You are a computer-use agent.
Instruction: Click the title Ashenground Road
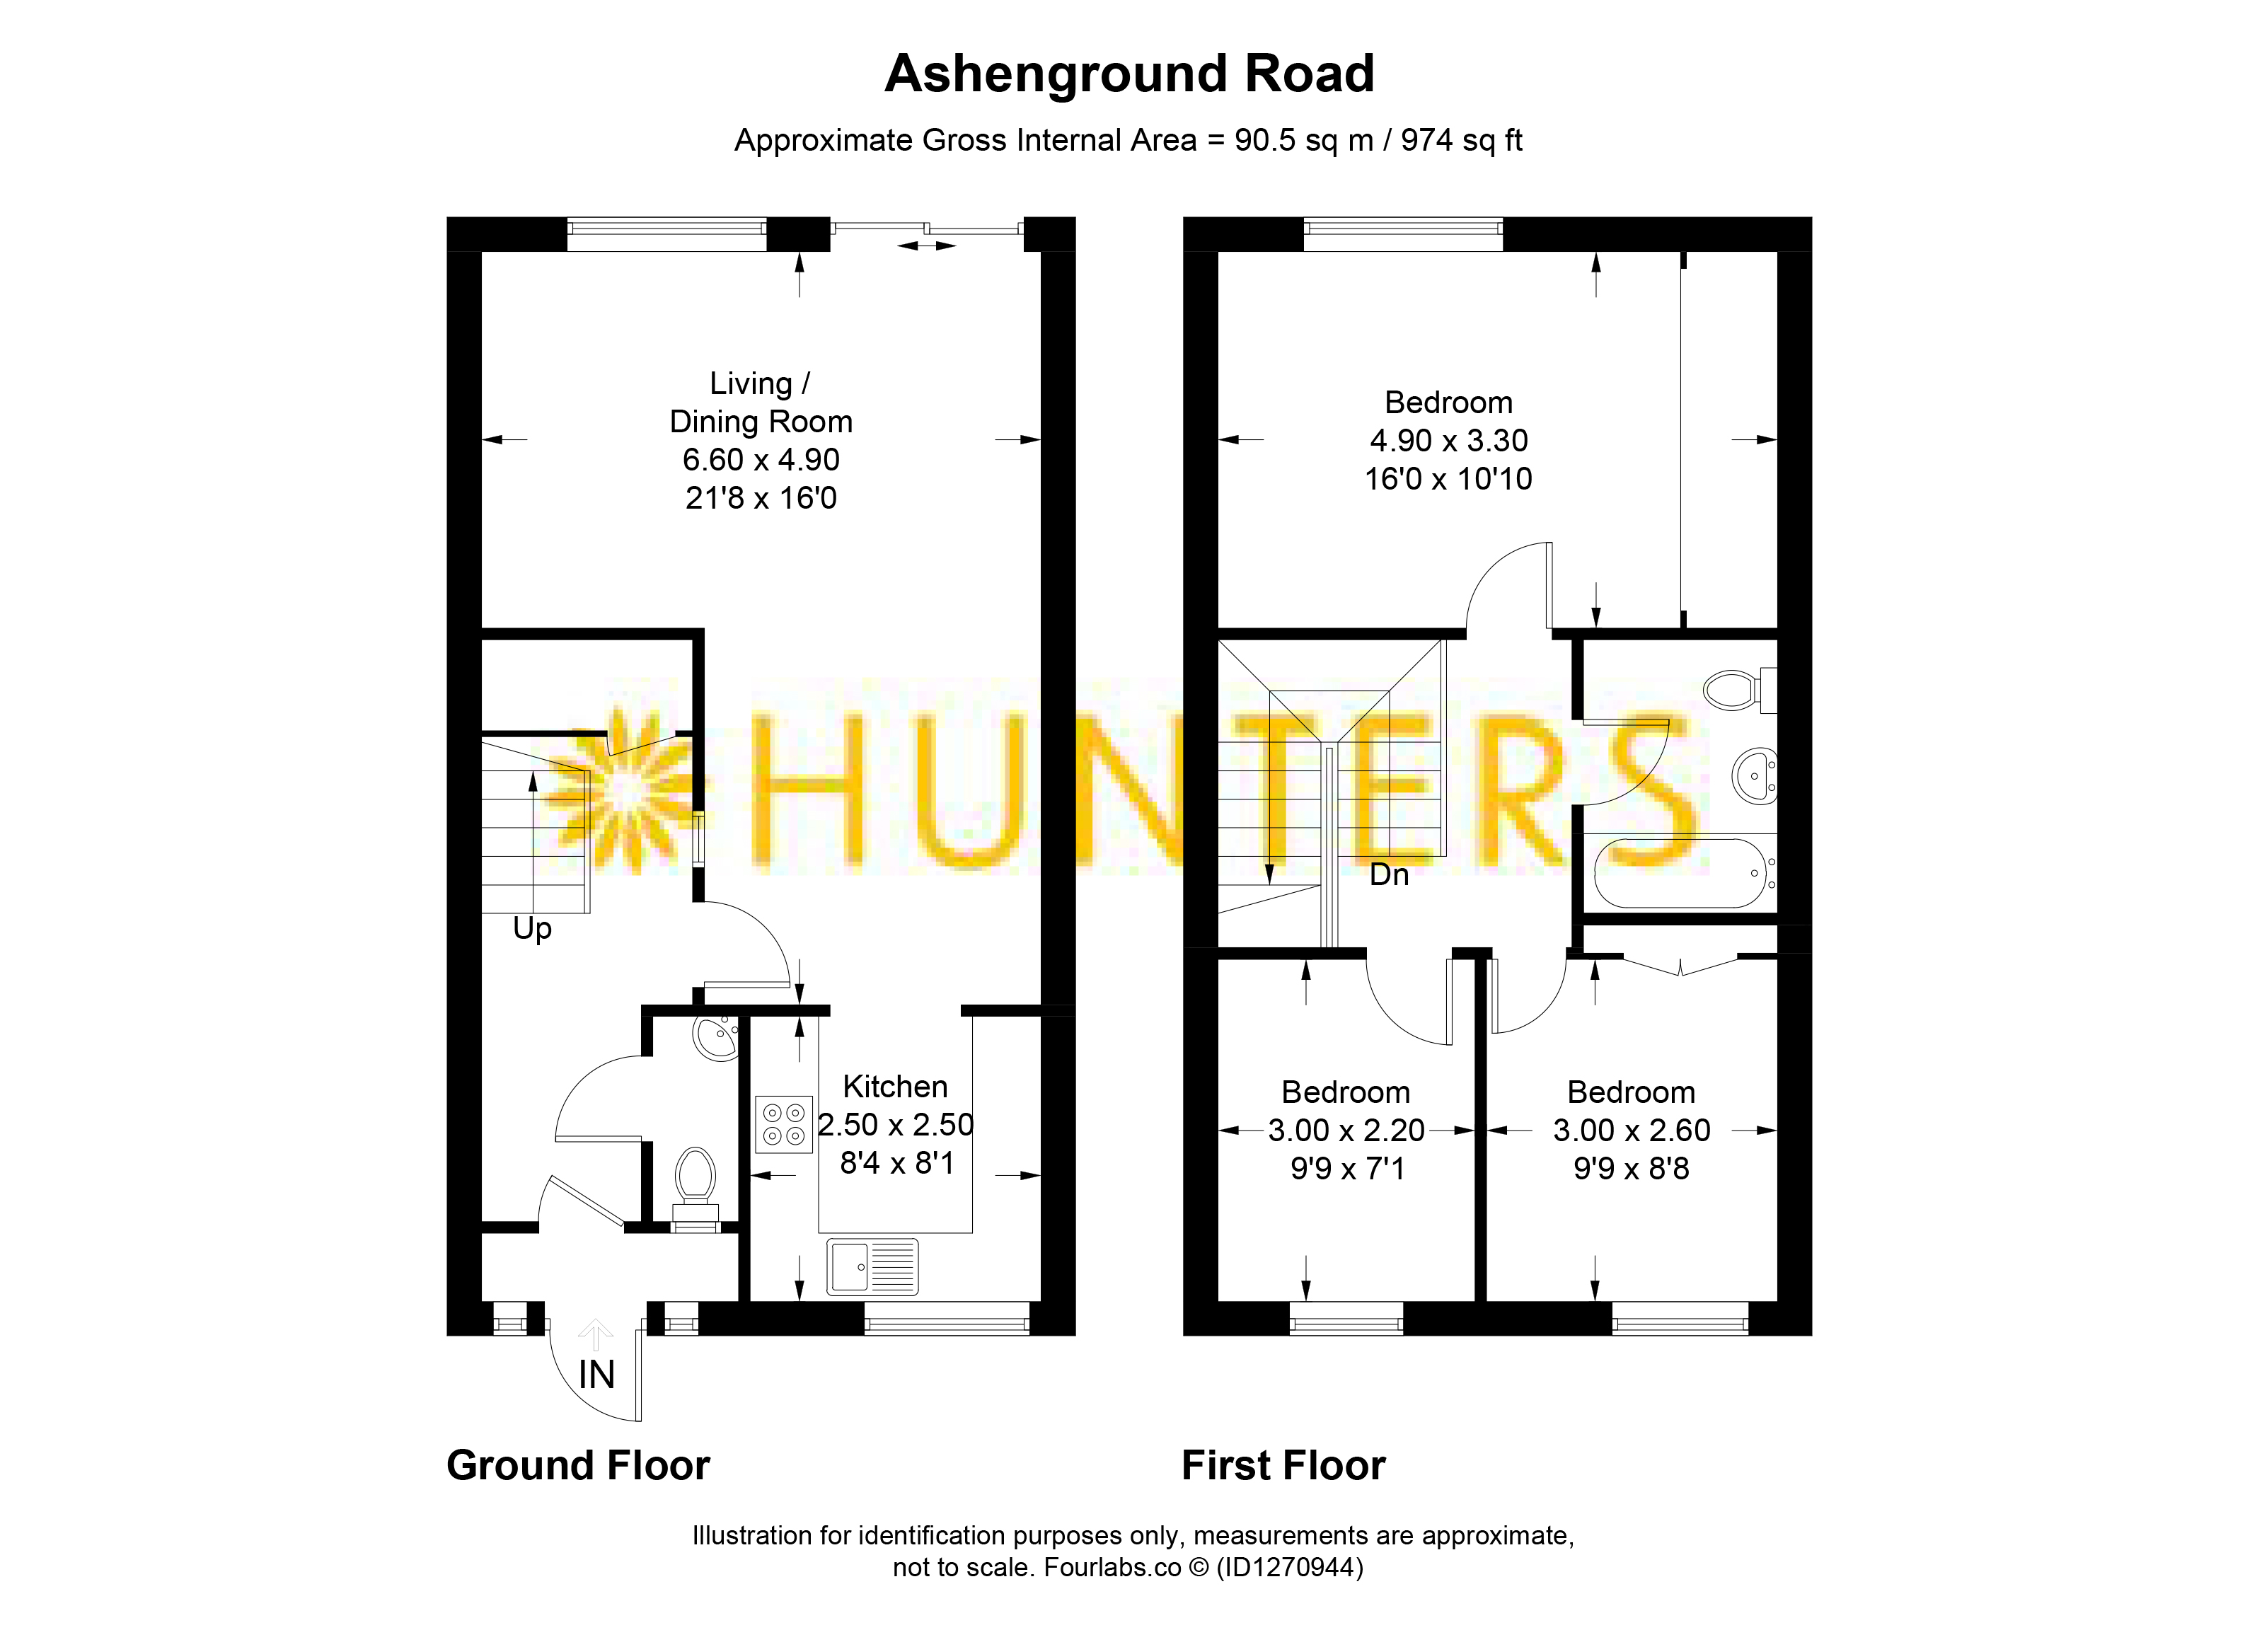pos(1128,74)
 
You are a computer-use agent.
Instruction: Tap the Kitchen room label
pos(894,1086)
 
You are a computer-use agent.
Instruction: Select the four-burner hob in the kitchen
pos(783,1124)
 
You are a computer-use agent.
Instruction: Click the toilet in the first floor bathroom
pos(1740,688)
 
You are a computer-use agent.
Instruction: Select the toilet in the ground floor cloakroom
pos(695,1188)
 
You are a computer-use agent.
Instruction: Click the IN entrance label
pos(596,1375)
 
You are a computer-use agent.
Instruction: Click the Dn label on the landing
pos(1390,874)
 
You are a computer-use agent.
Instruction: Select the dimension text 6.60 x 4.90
pos(761,460)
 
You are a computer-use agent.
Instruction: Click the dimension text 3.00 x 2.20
pos(1346,1131)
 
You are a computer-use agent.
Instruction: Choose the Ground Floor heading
pos(578,1466)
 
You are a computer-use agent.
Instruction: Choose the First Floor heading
pos(1283,1466)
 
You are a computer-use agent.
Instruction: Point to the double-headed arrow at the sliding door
pos(926,245)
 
